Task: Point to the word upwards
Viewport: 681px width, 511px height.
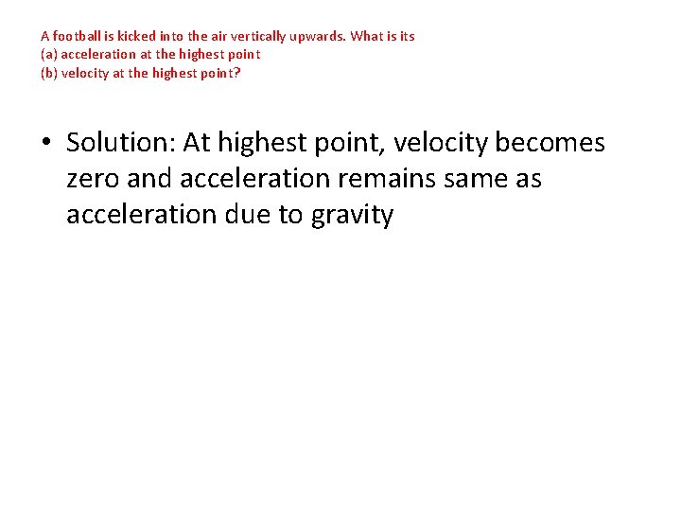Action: [321, 36]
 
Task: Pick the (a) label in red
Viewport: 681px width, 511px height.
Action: [49, 54]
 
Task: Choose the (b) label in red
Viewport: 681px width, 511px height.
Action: [49, 72]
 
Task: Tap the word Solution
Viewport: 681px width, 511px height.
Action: [120, 143]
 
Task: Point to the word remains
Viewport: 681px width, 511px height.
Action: [371, 179]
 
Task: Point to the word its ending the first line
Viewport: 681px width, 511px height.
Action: [407, 36]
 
